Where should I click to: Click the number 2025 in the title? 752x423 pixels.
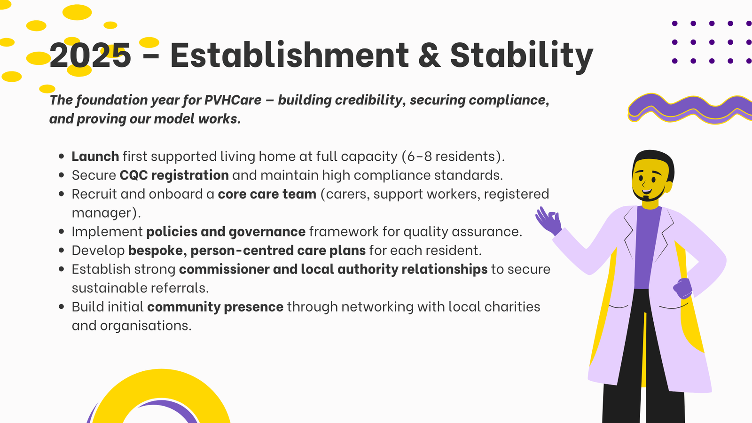(90, 55)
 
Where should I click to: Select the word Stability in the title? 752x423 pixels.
(522, 56)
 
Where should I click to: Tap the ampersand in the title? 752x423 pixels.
(430, 55)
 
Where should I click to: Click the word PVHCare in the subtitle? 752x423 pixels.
(233, 100)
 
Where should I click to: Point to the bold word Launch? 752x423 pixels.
(95, 157)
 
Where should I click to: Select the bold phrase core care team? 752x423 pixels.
(267, 194)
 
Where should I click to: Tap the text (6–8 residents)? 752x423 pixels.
(453, 157)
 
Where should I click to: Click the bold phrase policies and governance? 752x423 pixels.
(226, 232)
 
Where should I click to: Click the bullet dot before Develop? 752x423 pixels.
(61, 251)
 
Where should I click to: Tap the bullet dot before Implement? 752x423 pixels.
(61, 232)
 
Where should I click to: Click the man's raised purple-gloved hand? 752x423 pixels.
(548, 221)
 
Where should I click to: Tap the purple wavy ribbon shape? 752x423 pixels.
(690, 108)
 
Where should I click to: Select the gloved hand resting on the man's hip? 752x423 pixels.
(682, 288)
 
